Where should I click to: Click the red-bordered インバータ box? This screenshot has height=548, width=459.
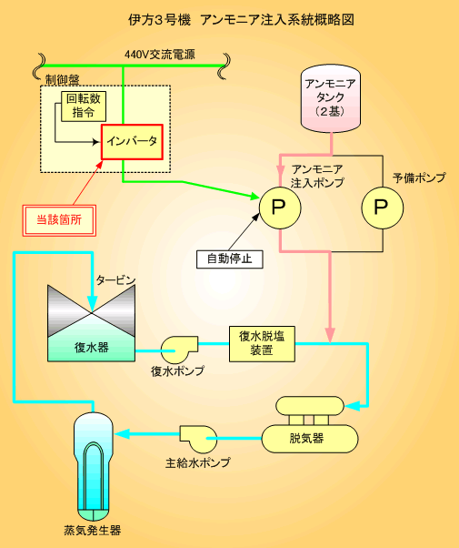(132, 142)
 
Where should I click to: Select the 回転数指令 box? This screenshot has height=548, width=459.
(84, 107)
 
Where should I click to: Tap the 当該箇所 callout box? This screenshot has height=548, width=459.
(59, 220)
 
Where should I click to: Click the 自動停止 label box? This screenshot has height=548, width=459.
(230, 259)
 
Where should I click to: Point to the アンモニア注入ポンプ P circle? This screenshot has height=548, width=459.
(280, 208)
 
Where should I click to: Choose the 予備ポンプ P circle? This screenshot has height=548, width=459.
(383, 208)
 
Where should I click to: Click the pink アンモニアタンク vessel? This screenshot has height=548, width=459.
(331, 98)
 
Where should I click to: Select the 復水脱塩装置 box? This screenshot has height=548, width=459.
(262, 344)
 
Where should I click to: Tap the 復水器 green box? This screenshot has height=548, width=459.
(91, 347)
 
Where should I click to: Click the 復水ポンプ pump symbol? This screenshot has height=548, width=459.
(178, 350)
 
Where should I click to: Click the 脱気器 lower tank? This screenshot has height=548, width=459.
(310, 439)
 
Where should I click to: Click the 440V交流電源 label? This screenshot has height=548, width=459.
(160, 55)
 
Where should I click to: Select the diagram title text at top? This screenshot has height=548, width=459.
(241, 20)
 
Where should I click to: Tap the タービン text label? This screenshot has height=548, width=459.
(115, 280)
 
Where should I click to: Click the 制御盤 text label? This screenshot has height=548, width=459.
(63, 80)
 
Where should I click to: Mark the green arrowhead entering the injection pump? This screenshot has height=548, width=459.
(255, 196)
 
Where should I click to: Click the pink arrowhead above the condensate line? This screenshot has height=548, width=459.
(330, 335)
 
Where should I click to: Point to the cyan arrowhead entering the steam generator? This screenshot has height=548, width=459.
(122, 434)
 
